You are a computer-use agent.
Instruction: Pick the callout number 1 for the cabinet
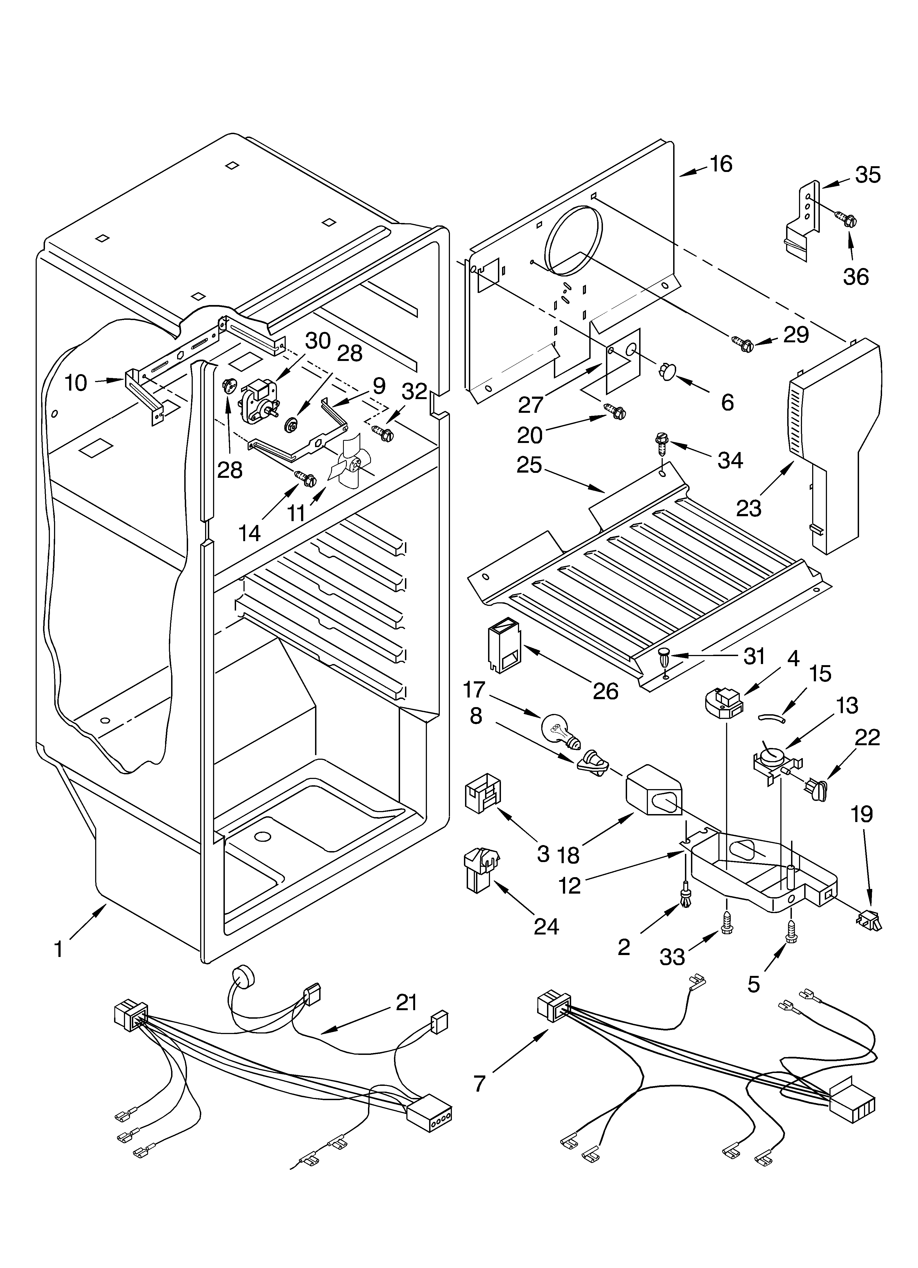click(x=59, y=949)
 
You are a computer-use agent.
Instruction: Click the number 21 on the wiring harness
click(x=406, y=1002)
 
